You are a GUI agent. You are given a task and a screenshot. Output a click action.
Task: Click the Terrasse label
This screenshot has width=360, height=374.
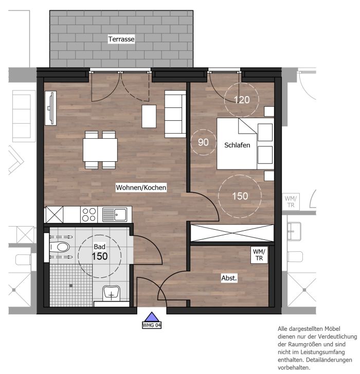(x=121, y=39)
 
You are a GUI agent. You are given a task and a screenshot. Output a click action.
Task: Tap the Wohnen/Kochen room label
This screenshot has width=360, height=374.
(x=141, y=188)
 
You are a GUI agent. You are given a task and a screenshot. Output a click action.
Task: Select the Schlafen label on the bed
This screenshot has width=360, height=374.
(x=237, y=145)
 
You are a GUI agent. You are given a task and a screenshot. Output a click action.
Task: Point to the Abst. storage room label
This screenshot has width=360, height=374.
(x=229, y=278)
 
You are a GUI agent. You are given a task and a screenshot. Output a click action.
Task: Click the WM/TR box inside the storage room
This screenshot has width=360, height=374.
(x=259, y=255)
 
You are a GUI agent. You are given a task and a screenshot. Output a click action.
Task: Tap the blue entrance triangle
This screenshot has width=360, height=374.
(x=152, y=317)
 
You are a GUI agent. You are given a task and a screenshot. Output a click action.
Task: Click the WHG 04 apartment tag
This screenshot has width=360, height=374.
(x=152, y=325)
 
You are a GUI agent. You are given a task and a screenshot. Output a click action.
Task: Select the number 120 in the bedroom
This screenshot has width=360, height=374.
(x=242, y=100)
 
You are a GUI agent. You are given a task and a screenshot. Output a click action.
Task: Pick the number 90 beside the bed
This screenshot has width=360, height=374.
(x=203, y=142)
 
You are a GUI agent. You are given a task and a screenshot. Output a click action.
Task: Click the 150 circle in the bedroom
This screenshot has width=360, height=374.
(x=240, y=196)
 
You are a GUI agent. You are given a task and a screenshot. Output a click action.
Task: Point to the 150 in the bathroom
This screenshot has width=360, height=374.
(x=100, y=256)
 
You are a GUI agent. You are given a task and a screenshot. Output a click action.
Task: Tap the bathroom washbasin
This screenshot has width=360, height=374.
(x=111, y=294)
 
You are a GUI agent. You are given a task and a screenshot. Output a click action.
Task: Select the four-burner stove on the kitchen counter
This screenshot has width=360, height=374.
(x=89, y=214)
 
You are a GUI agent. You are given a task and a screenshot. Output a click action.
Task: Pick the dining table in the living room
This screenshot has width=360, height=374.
(x=100, y=150)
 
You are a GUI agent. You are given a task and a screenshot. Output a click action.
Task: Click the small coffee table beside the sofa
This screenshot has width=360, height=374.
(x=149, y=116)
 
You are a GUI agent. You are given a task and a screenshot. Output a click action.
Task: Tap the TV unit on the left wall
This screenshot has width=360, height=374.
(x=50, y=108)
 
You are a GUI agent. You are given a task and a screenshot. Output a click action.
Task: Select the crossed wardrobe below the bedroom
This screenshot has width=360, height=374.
(x=232, y=233)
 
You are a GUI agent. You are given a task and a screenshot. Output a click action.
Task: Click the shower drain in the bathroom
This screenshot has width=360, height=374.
(x=71, y=286)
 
